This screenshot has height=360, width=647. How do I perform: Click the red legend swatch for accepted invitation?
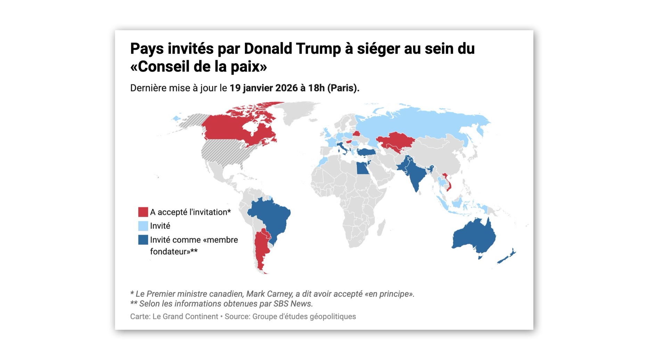coord(143,212)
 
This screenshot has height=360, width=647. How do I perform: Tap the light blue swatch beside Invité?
coord(143,226)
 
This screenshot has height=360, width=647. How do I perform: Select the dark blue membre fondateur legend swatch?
coord(143,240)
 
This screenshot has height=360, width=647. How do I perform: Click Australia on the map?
coord(474,236)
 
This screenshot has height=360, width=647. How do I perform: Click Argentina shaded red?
coord(261,250)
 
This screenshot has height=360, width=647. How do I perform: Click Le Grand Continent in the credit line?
coord(185,317)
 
